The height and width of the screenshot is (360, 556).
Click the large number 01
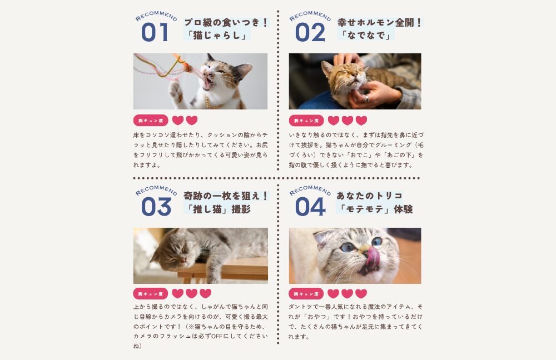coord(155,32)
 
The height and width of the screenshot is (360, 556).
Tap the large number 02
coord(310,32)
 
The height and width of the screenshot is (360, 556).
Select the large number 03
coord(156,207)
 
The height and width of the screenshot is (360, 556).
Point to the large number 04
coord(310,207)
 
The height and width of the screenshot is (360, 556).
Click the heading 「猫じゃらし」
coord(217,35)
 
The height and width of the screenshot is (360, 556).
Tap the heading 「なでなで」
coord(366,35)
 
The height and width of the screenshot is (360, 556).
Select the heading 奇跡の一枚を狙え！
coord(226,196)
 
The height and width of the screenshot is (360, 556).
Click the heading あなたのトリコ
coord(370,196)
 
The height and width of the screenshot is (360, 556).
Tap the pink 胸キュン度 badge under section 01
coord(151,121)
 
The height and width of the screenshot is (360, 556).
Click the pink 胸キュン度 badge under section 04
coord(306,294)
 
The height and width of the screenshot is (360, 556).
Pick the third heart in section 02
coord(361,121)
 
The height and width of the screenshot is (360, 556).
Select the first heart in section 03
coord(178,293)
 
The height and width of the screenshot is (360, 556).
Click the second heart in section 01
coord(192,121)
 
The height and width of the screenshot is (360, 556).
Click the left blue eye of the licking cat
coord(348,247)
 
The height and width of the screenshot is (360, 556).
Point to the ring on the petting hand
coord(366,98)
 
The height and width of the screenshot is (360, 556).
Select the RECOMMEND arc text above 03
coord(156,189)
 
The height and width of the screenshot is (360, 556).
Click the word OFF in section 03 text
coord(217,336)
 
